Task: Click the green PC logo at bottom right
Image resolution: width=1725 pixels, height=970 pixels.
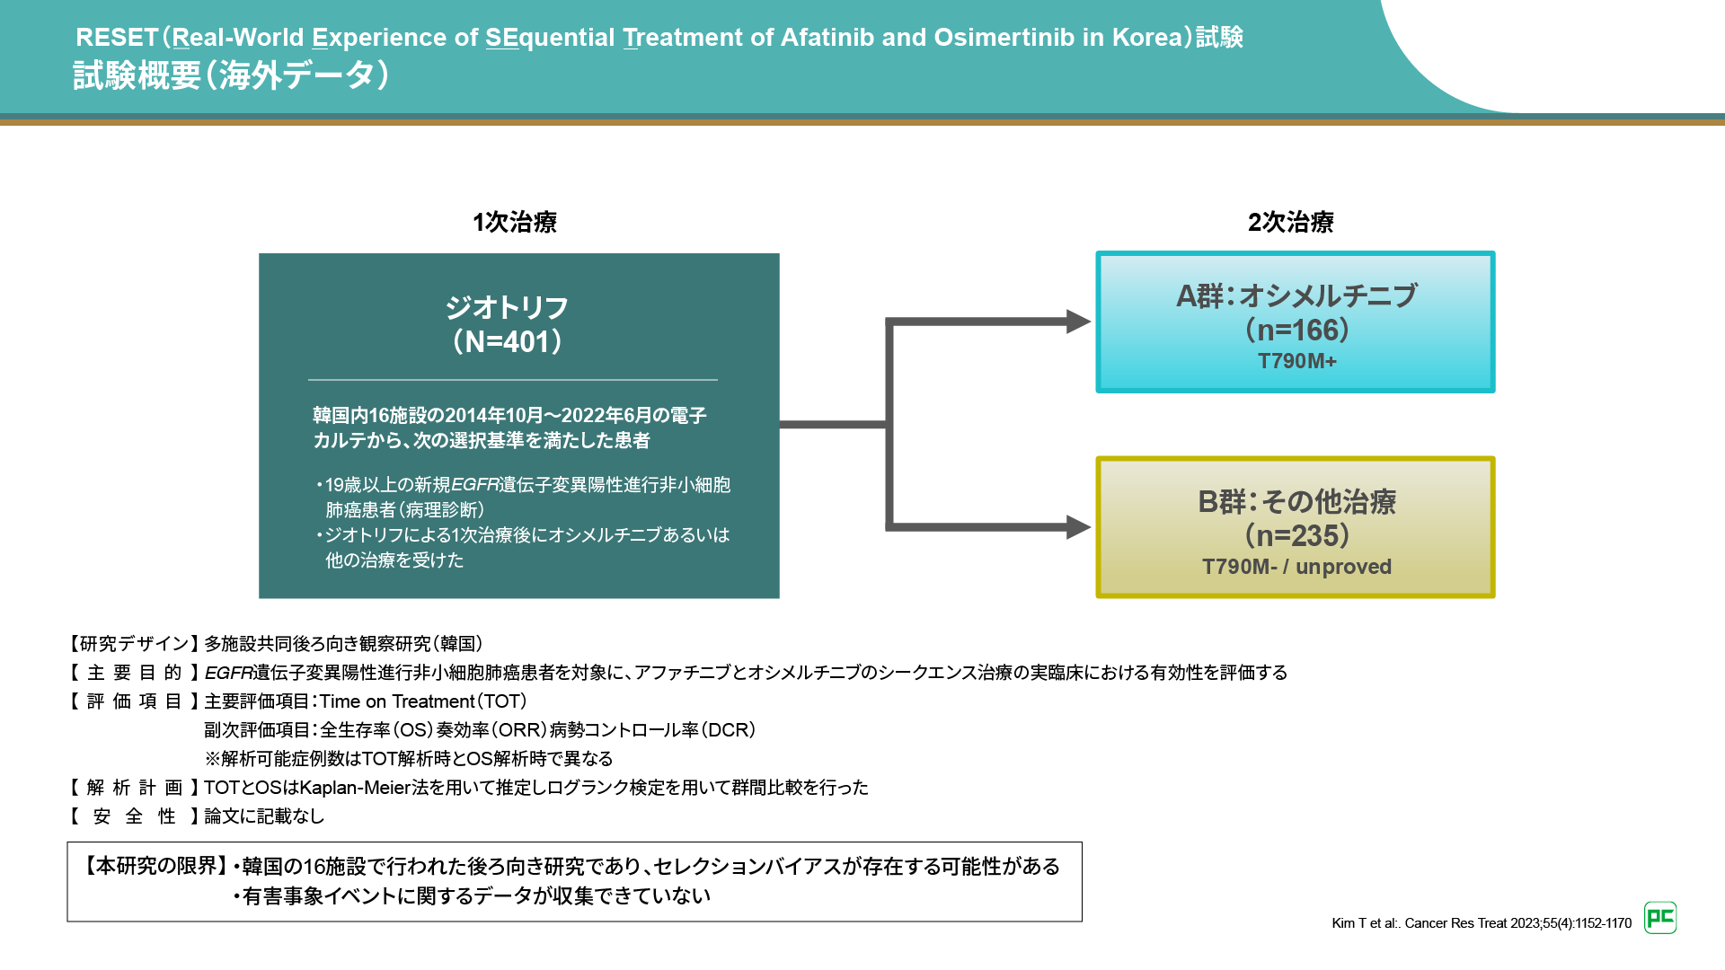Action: point(1660,918)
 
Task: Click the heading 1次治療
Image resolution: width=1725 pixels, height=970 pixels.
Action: point(515,222)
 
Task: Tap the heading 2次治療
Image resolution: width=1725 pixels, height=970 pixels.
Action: point(1290,222)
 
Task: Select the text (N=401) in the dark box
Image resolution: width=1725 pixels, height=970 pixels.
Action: point(508,342)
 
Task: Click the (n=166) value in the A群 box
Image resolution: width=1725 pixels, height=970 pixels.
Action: point(1296,331)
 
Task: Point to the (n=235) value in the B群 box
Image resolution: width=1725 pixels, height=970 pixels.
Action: point(1296,536)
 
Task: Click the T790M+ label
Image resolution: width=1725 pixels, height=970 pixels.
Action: point(1296,361)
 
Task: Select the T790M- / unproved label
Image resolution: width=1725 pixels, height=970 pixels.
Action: point(1296,567)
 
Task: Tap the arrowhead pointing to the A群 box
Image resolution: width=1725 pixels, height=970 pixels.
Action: point(1077,322)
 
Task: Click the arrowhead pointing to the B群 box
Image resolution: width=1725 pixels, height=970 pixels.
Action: point(1077,527)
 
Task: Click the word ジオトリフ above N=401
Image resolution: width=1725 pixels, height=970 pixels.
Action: point(508,308)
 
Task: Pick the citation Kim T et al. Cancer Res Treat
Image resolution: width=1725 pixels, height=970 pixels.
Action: point(1481,923)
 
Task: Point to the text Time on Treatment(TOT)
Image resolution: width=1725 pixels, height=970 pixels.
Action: point(423,701)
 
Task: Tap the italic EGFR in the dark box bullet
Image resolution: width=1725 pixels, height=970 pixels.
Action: point(474,485)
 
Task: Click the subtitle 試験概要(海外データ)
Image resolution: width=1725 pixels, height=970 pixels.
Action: point(231,76)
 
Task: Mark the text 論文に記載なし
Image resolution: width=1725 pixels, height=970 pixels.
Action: point(264,816)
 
